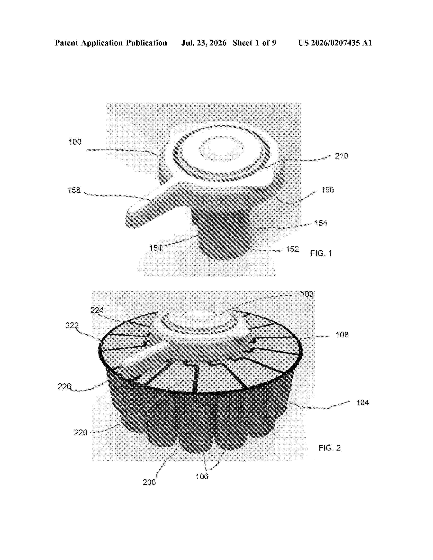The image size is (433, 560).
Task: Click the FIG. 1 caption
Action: pos(321,253)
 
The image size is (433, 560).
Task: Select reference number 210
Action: pos(341,156)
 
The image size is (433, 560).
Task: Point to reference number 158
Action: pos(74,190)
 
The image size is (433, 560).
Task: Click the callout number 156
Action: pos(328,190)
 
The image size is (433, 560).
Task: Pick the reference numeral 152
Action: pos(292,249)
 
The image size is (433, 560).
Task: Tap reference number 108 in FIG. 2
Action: pos(342,335)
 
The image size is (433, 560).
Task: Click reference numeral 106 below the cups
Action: pos(202,476)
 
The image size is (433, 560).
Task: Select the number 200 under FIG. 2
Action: pos(149,482)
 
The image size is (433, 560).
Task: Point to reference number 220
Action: pos(81,433)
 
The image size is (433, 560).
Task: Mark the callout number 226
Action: pos(64,386)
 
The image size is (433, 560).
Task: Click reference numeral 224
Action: pos(97,310)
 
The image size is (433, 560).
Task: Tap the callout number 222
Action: pos(72,325)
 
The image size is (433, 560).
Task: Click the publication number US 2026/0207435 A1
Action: pos(335,43)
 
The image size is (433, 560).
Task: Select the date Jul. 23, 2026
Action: pos(204,43)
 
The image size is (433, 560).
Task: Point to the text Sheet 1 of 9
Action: pos(255,43)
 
